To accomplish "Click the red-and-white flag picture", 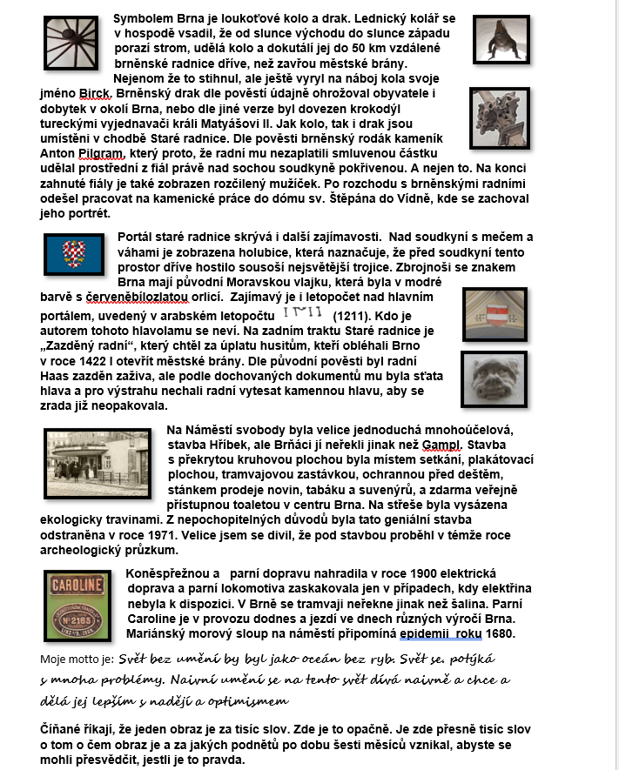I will click(x=495, y=314).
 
